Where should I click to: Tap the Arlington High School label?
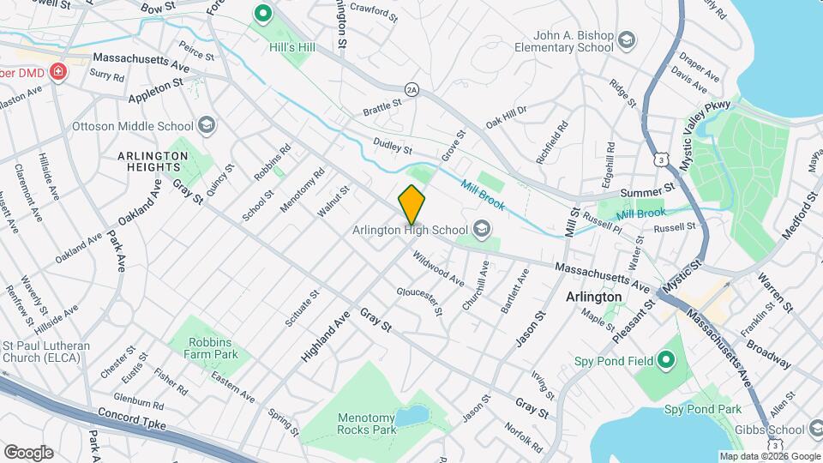[411, 230]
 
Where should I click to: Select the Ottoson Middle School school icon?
[206, 125]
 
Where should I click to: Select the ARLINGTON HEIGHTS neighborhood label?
[153, 161]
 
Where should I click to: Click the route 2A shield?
[411, 88]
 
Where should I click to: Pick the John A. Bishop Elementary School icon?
[627, 40]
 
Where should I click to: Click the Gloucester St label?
[419, 301]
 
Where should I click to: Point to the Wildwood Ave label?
[438, 268]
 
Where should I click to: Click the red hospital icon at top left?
[58, 72]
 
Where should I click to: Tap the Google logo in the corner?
[28, 452]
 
